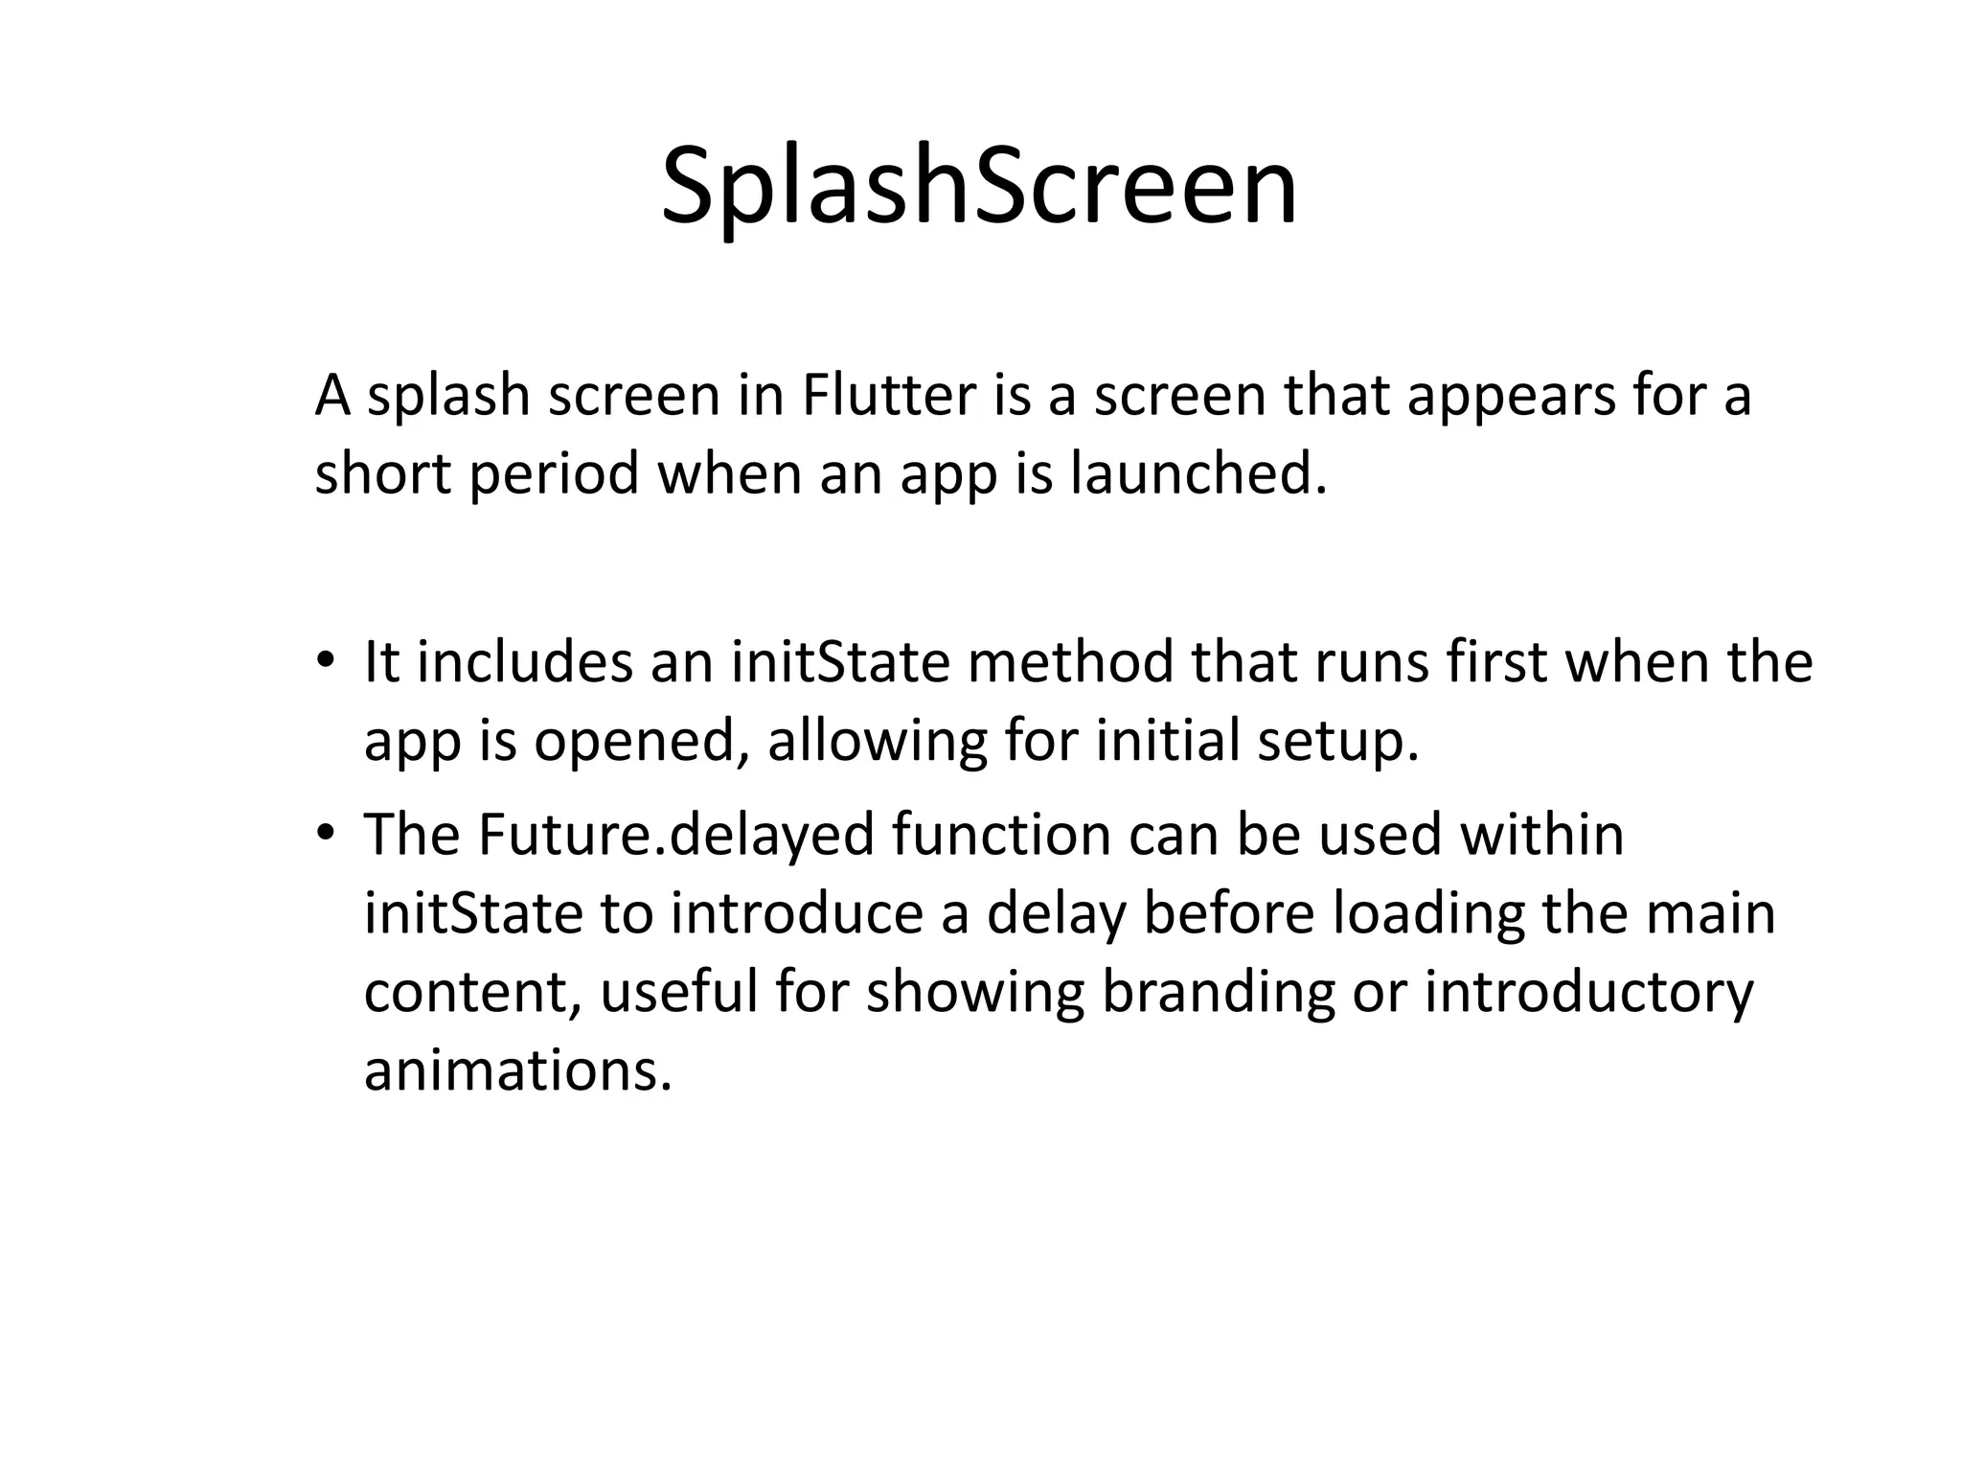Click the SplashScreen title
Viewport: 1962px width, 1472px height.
pyautogui.click(x=979, y=187)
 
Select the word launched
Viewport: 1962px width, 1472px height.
pyautogui.click(x=1198, y=473)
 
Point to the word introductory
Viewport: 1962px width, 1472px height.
pyautogui.click(x=1588, y=992)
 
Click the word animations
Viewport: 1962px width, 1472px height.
pyautogui.click(x=518, y=1069)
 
